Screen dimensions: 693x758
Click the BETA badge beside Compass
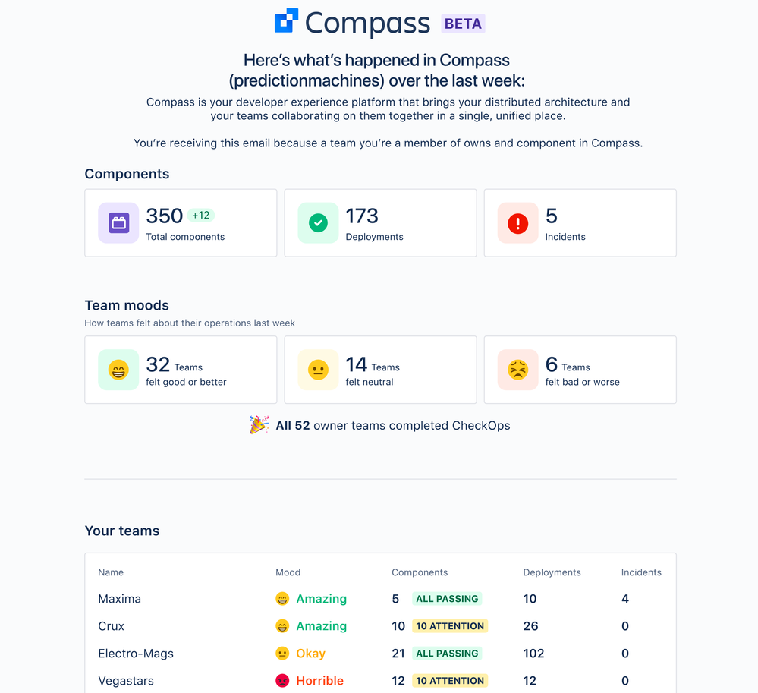click(x=463, y=24)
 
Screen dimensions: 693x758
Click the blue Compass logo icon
click(x=286, y=20)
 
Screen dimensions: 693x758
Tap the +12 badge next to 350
click(x=201, y=216)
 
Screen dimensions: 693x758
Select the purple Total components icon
click(x=118, y=223)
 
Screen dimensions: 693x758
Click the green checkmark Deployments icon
click(x=318, y=223)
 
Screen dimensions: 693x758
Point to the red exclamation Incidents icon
click(x=517, y=223)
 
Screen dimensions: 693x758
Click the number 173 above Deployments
click(x=362, y=216)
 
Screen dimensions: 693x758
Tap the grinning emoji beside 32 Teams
click(x=118, y=370)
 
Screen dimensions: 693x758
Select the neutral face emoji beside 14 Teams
click(x=318, y=370)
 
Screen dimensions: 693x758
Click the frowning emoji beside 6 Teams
click(x=517, y=370)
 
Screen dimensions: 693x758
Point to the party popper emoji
click(x=259, y=425)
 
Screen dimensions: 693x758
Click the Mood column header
click(x=288, y=572)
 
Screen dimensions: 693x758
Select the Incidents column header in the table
click(x=641, y=572)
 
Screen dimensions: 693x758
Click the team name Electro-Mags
click(x=136, y=654)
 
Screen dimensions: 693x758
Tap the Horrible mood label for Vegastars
click(x=319, y=681)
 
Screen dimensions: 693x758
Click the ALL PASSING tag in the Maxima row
click(x=447, y=599)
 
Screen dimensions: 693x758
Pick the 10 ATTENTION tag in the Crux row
click(x=450, y=626)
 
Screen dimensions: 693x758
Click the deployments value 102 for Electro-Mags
click(x=533, y=654)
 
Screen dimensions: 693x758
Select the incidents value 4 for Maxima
click(x=625, y=599)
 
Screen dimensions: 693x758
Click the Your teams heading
click(x=122, y=531)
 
